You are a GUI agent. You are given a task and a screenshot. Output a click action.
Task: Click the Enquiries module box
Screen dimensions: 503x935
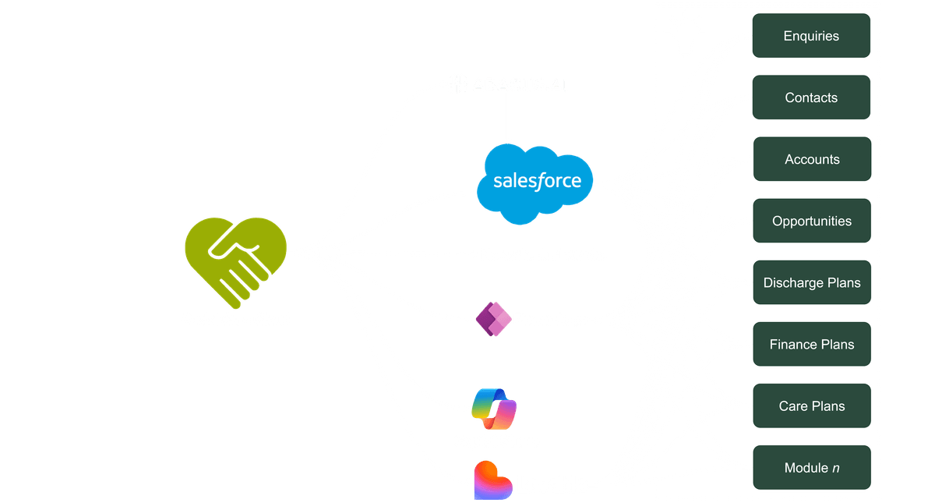pyautogui.click(x=811, y=36)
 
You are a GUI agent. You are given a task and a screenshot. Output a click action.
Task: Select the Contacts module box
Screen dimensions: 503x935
pyautogui.click(x=811, y=97)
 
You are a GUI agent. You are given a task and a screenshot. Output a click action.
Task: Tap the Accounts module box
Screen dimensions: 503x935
pyautogui.click(x=811, y=159)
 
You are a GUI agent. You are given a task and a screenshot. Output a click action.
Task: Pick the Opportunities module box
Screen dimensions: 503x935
pyautogui.click(x=811, y=221)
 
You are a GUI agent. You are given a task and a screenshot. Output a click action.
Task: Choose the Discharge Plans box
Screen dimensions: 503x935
pyautogui.click(x=811, y=282)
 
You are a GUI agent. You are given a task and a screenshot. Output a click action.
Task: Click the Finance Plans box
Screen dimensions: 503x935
pyautogui.click(x=811, y=344)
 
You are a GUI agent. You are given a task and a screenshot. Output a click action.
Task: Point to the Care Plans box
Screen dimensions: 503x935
pyautogui.click(x=811, y=406)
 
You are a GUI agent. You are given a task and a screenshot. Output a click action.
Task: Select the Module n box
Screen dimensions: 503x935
pyautogui.click(x=811, y=468)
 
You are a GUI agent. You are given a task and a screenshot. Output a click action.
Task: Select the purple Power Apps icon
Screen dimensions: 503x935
pyautogui.click(x=492, y=319)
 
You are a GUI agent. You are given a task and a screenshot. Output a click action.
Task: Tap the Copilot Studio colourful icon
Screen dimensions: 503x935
pyautogui.click(x=495, y=408)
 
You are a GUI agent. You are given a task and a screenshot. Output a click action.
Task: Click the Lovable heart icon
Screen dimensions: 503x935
pyautogui.click(x=492, y=480)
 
